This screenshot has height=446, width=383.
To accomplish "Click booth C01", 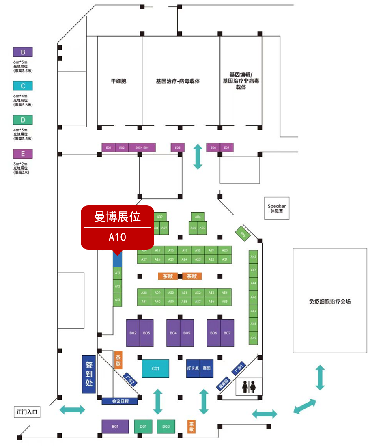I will click(x=155, y=368).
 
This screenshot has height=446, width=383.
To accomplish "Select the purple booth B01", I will click(x=115, y=427).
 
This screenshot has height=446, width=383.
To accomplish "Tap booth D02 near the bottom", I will click(x=166, y=427).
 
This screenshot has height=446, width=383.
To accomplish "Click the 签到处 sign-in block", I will click(x=89, y=374).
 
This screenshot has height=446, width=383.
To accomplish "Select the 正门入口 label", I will click(x=27, y=412).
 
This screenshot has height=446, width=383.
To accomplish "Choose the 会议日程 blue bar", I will click(x=120, y=401).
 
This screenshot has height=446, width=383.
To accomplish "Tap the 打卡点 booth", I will click(x=193, y=368).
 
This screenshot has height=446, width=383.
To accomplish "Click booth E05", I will click(x=177, y=148).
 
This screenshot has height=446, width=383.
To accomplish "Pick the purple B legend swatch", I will click(x=23, y=52).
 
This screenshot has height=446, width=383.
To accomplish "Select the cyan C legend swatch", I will click(x=23, y=86).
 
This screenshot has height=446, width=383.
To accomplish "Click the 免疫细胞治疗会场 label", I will click(x=329, y=302).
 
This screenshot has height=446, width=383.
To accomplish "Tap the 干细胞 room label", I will click(x=118, y=81).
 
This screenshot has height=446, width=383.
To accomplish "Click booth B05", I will click(x=187, y=333).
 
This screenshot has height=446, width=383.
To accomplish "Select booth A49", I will click(x=254, y=338).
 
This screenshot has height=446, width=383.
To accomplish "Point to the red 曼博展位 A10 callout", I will click(x=118, y=227).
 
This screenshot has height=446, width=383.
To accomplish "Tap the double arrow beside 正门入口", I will click(x=72, y=410).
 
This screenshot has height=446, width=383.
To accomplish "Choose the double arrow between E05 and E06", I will click(x=198, y=157).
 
